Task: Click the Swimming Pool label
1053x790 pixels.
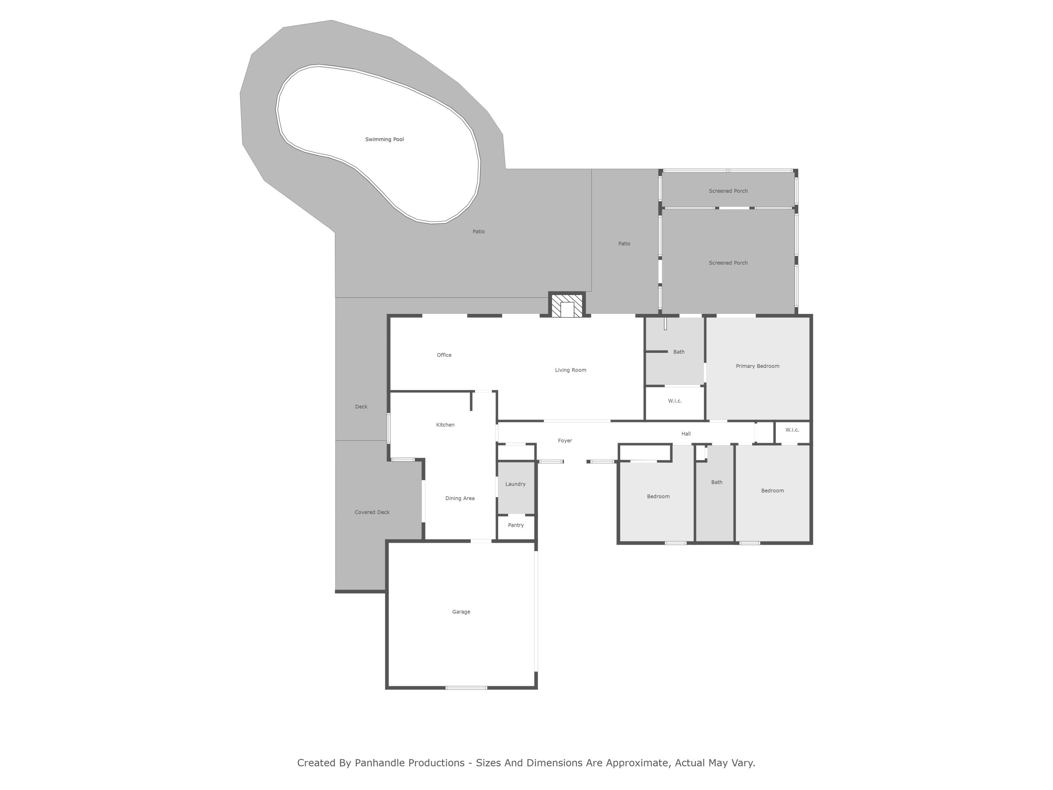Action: click(x=384, y=139)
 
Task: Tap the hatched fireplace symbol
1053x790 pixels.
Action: click(x=567, y=305)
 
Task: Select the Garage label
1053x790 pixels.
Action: click(x=461, y=612)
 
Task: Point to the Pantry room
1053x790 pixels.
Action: click(x=516, y=525)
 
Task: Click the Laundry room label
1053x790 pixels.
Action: click(x=515, y=484)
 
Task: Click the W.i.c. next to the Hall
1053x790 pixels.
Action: click(x=792, y=430)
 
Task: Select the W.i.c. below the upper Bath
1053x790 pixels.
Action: click(x=675, y=401)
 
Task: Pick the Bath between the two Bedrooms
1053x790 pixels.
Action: click(x=716, y=482)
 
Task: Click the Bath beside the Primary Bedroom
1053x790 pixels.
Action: click(x=678, y=352)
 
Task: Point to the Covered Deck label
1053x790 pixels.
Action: click(x=372, y=512)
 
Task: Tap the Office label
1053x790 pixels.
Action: click(x=444, y=355)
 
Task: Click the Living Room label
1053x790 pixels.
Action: click(x=570, y=370)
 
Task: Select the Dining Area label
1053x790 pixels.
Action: click(x=459, y=499)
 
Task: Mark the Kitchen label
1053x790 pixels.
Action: click(x=445, y=425)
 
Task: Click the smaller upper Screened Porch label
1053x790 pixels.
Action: click(x=728, y=191)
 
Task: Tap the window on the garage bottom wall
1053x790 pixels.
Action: click(x=466, y=687)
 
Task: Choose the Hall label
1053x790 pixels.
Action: click(x=686, y=434)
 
